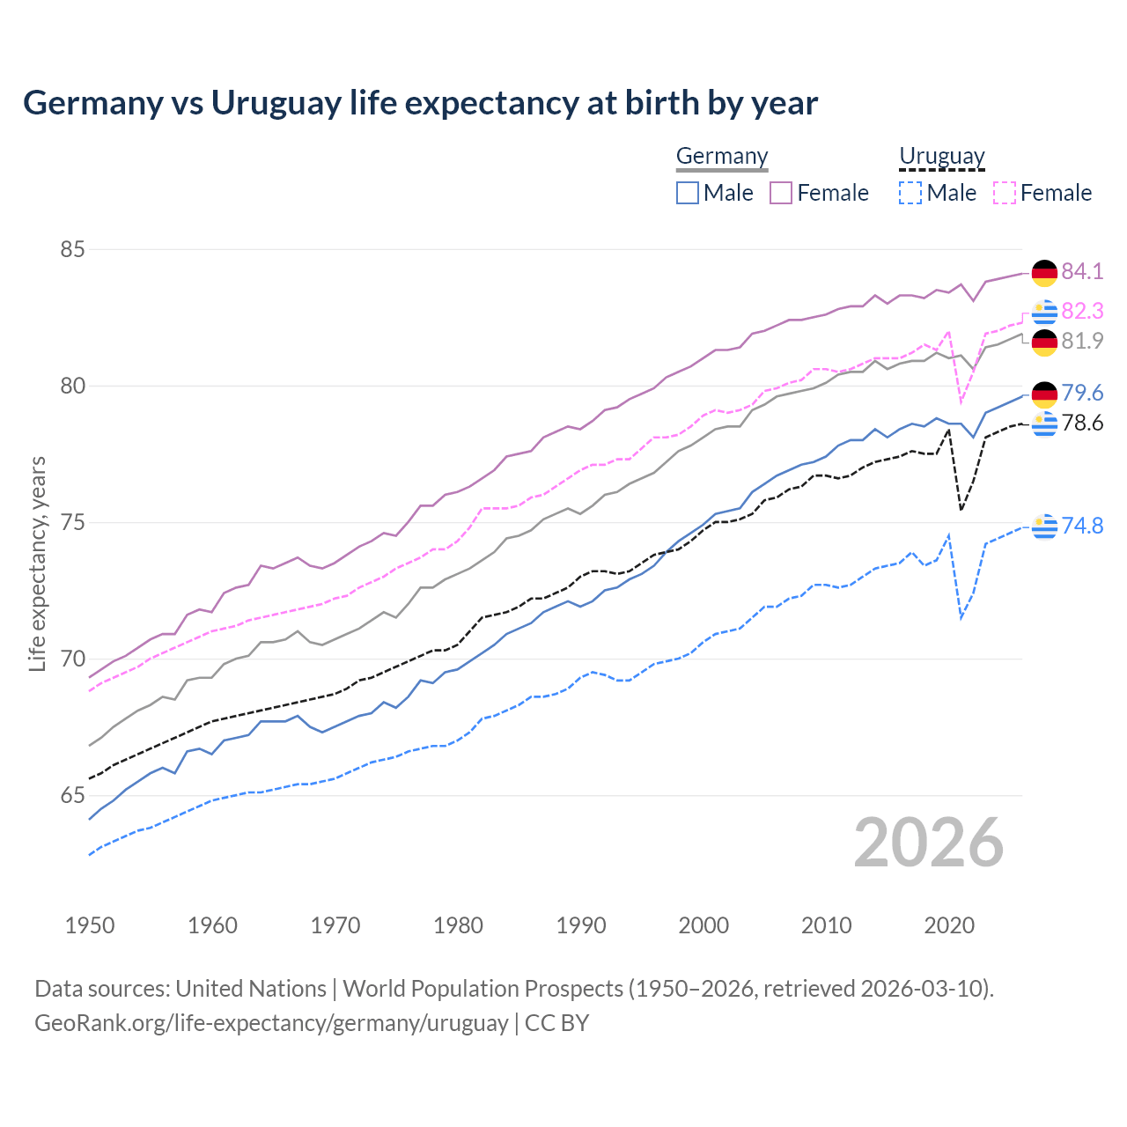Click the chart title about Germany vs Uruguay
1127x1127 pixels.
pos(420,103)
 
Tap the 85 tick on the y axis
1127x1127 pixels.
pos(72,249)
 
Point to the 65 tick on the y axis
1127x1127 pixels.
pos(72,795)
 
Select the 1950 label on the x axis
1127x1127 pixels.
pos(90,925)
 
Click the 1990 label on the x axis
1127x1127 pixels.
pos(581,925)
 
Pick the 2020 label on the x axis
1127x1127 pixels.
pos(949,925)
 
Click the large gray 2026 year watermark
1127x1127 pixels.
pos(929,843)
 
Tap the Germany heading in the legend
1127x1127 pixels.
pos(722,156)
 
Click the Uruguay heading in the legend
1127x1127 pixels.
pos(941,156)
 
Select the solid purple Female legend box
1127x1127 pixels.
pos(781,193)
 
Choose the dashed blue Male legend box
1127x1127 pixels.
pos(910,193)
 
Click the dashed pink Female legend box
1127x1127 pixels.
pos(1005,193)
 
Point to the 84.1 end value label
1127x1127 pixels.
pos(1082,271)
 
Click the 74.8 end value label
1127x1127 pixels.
pos(1082,526)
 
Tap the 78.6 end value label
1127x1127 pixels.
pos(1082,424)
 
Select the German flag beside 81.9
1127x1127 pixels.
pos(1044,343)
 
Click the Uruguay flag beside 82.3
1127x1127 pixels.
pos(1044,312)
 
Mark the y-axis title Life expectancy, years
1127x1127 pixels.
pos(37,563)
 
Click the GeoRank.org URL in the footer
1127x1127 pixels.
pos(271,1023)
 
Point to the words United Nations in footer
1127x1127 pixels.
pos(251,989)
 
